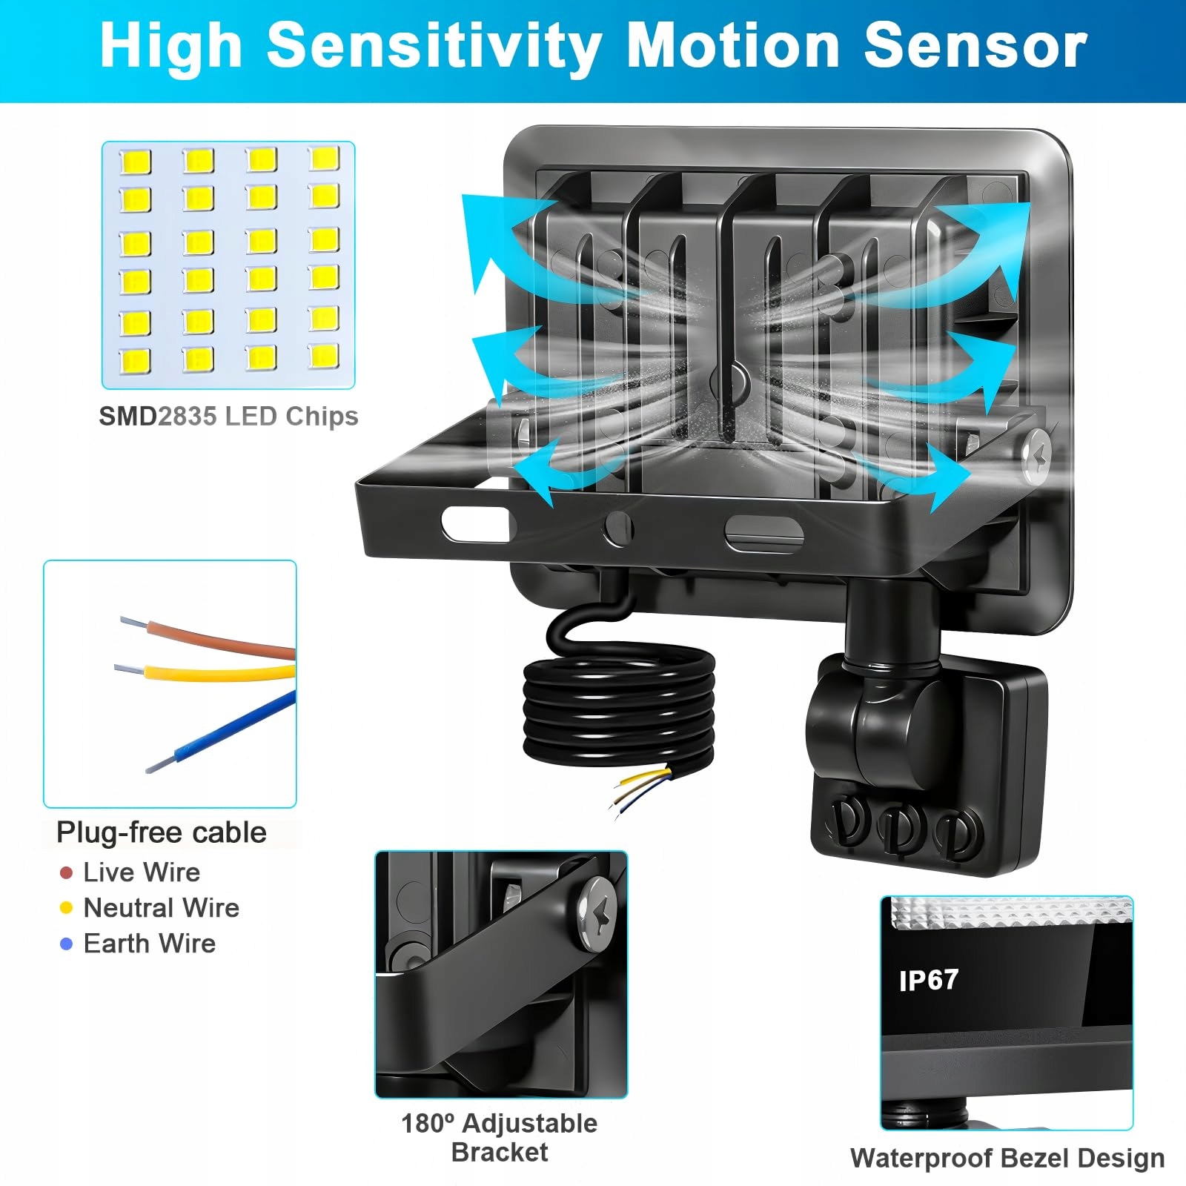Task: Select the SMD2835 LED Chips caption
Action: pyautogui.click(x=228, y=417)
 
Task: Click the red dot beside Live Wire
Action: pyautogui.click(x=66, y=873)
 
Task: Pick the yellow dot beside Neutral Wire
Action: pyautogui.click(x=66, y=908)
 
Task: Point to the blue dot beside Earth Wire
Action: pyautogui.click(x=66, y=944)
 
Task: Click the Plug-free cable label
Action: pyautogui.click(x=162, y=833)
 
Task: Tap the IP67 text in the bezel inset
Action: pyautogui.click(x=928, y=981)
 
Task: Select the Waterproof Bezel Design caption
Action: pyautogui.click(x=1007, y=1158)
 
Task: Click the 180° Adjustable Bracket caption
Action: pyautogui.click(x=499, y=1138)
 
